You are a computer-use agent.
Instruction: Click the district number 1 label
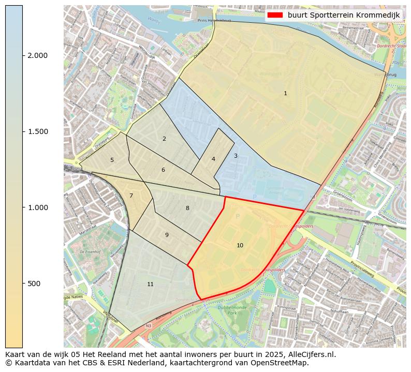point(285,94)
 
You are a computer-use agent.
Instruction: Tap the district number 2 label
point(164,139)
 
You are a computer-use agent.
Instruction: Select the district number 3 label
point(236,156)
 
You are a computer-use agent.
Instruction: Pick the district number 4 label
point(213,159)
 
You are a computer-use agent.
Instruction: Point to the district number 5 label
point(112,160)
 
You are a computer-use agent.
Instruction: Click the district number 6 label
point(163,170)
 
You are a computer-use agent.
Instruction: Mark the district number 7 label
point(131,196)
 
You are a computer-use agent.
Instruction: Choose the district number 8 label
point(187,208)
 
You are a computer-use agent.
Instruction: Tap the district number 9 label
point(167,235)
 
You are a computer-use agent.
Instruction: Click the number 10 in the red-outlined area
point(240,245)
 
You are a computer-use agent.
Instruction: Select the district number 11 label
point(150,284)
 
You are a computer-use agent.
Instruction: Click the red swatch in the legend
point(275,15)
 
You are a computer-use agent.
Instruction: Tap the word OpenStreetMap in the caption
point(282,363)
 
